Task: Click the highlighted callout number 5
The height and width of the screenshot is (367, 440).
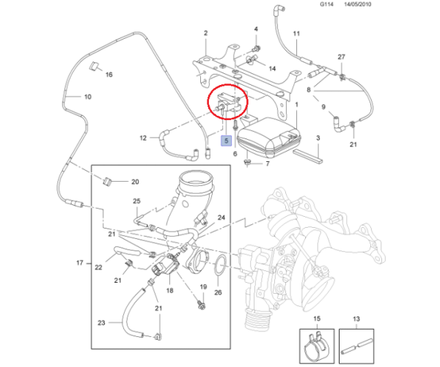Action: (x=226, y=141)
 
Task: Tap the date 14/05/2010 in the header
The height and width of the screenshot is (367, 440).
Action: (x=358, y=4)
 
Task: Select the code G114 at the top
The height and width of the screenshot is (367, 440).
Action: (x=326, y=4)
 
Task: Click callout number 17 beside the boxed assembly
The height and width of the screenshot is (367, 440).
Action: (x=80, y=263)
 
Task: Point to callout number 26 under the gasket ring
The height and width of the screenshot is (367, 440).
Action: (x=218, y=292)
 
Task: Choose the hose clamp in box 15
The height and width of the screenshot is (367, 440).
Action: (x=316, y=346)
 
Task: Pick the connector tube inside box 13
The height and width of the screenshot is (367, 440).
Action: (x=356, y=346)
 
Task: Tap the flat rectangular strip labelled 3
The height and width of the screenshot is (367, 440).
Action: (x=307, y=157)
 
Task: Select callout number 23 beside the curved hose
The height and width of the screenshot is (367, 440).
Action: (x=101, y=323)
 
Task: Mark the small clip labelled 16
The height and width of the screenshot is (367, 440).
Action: (x=93, y=66)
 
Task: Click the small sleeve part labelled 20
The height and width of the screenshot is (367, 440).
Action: (x=108, y=182)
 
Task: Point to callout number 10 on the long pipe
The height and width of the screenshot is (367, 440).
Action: (x=88, y=97)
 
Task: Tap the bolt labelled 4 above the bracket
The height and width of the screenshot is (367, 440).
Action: (x=256, y=48)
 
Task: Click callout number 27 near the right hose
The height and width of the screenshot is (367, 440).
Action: (x=341, y=57)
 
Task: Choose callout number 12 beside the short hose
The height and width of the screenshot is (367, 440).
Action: (x=143, y=138)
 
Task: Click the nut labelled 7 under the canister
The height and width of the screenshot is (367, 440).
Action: (x=248, y=162)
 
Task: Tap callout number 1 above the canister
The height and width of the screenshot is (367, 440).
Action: (x=296, y=105)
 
